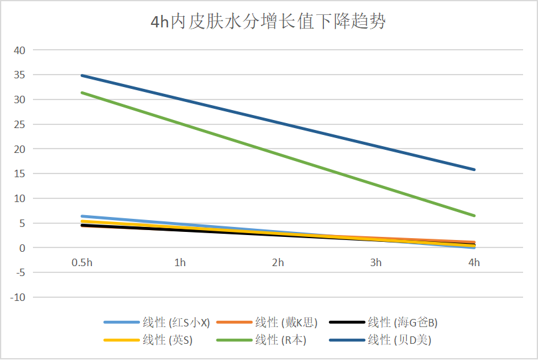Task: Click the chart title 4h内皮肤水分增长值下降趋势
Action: (x=269, y=22)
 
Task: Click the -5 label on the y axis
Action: (x=19, y=272)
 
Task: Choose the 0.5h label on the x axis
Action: (x=81, y=263)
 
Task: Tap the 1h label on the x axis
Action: (x=180, y=263)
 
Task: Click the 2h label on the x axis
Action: (x=278, y=263)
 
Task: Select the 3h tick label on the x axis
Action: (x=376, y=263)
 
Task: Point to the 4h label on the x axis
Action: (x=474, y=263)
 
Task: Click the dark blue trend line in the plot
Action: (x=278, y=122)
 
